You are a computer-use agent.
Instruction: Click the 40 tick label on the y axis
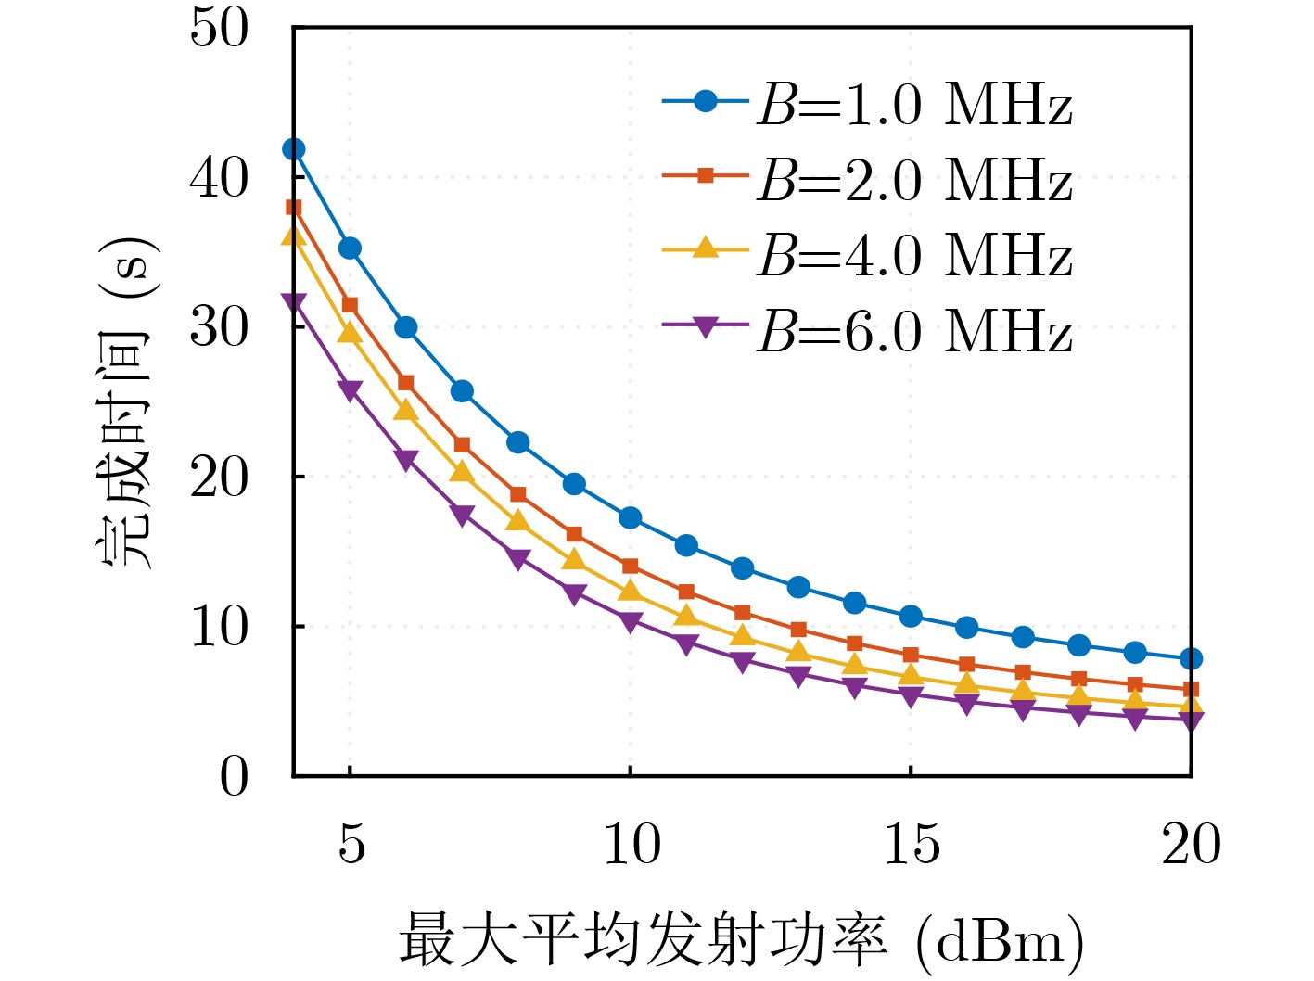220,177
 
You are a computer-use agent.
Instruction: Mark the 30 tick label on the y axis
220,327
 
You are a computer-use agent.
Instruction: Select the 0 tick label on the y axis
235,776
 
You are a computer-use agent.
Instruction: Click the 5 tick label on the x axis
351,844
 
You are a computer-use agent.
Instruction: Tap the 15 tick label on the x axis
911,844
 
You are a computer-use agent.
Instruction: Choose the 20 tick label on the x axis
1191,844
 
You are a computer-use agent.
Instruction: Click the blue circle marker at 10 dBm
631,517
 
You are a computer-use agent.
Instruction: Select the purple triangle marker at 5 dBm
350,390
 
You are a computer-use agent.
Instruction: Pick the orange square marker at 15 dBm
911,656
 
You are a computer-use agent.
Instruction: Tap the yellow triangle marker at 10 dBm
631,591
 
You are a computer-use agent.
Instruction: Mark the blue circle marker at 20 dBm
1191,659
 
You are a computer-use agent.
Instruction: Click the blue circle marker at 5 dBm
350,248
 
